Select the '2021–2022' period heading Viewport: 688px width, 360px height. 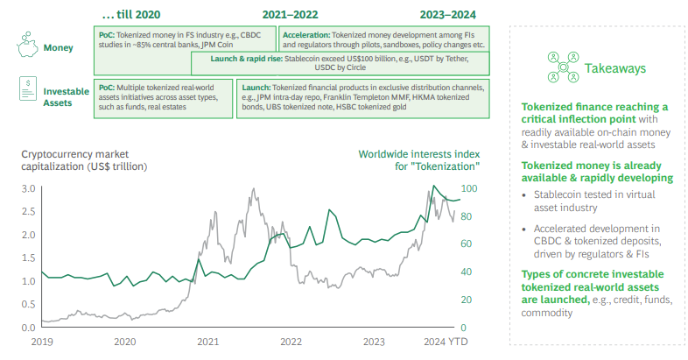290,15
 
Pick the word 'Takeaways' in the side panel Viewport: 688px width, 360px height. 614,67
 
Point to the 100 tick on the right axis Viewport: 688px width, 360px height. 470,188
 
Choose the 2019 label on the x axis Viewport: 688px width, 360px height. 43,342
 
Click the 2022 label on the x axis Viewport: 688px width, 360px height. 291,342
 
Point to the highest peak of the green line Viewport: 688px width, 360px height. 433,187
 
